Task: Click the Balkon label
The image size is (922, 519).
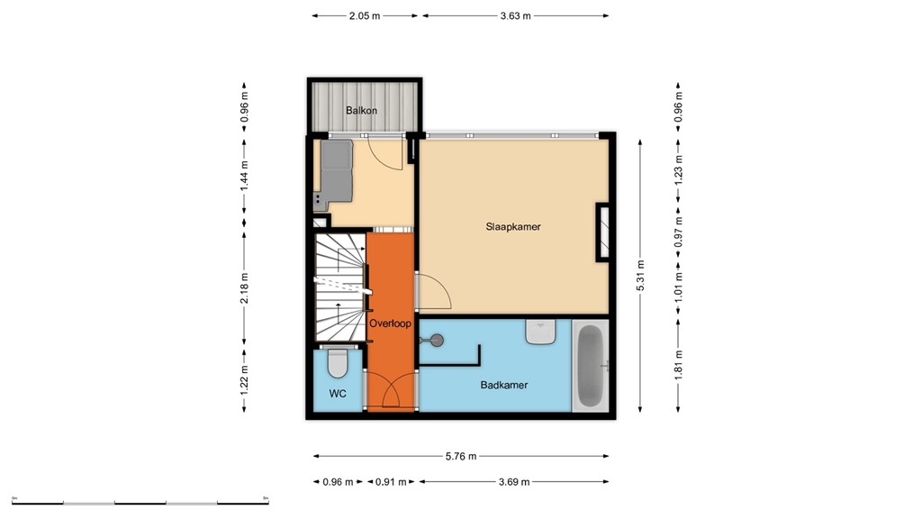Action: click(361, 111)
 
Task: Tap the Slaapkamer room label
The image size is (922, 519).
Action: click(512, 227)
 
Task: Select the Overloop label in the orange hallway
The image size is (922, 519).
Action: click(390, 322)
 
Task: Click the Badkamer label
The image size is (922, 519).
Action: click(503, 385)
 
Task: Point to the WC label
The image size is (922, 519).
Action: click(338, 393)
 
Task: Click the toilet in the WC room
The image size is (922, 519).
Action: click(338, 363)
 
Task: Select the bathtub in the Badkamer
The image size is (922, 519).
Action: click(591, 366)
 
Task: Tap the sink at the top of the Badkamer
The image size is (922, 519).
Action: click(541, 332)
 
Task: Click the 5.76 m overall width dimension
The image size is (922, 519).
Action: click(460, 456)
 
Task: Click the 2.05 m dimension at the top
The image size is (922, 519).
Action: click(365, 15)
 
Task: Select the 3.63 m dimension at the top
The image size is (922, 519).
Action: click(515, 15)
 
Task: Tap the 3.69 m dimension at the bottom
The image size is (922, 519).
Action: click(514, 481)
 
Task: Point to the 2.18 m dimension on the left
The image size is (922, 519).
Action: click(244, 288)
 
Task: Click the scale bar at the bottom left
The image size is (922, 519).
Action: click(140, 500)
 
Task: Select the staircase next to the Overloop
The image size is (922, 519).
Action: click(339, 288)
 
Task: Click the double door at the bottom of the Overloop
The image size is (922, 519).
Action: click(390, 395)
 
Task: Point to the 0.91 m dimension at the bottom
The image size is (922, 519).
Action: click(390, 481)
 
